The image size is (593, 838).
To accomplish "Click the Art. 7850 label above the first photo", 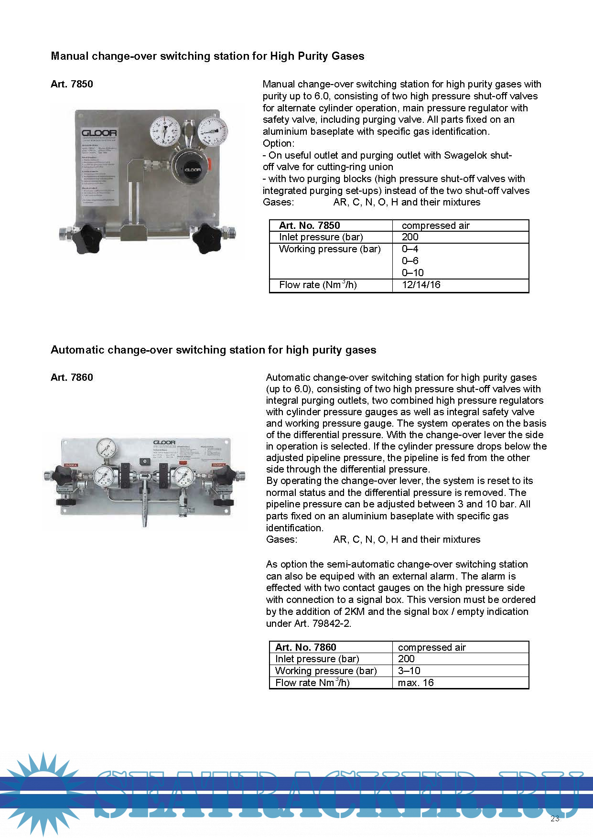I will tap(72, 84).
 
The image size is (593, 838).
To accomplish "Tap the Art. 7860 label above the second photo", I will tap(72, 377).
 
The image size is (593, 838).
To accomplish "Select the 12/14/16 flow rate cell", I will tap(421, 285).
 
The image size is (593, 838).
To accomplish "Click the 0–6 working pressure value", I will tap(410, 261).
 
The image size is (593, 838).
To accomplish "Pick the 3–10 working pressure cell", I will tap(409, 671).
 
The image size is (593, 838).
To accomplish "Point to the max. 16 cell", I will tap(416, 683).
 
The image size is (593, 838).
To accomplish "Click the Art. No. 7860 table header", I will tap(306, 647).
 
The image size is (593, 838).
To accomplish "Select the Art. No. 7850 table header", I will tap(310, 226).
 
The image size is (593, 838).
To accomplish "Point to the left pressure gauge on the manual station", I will tap(165, 130).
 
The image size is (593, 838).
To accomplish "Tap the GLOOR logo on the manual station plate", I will tap(99, 133).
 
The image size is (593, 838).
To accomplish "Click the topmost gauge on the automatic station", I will tap(106, 448).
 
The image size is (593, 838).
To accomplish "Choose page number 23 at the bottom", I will tap(555, 818).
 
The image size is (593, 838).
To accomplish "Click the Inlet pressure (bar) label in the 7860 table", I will tap(317, 659).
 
